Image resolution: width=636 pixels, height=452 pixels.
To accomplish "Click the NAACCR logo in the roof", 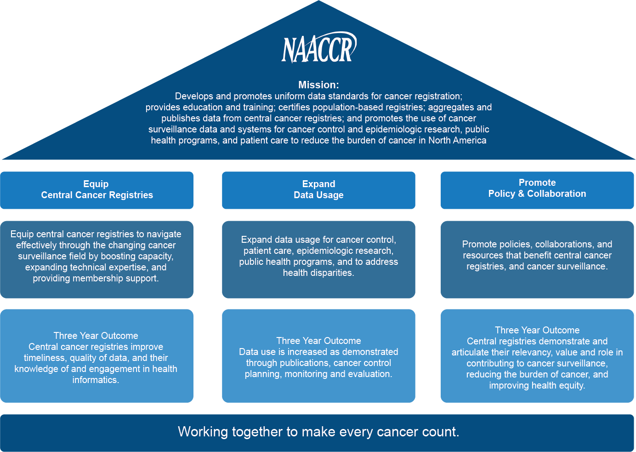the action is click(x=319, y=47).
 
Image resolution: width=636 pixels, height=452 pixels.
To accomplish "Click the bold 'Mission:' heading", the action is click(x=318, y=85).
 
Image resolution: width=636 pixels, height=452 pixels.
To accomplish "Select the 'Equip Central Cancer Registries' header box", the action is click(x=97, y=190).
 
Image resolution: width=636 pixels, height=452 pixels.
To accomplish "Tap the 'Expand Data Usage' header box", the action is click(x=318, y=190).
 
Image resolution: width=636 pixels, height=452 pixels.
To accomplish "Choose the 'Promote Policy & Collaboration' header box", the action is click(x=537, y=190).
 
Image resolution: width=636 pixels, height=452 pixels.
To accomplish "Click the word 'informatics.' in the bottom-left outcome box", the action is click(x=96, y=380).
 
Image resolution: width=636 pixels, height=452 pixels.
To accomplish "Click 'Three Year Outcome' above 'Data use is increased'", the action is click(x=318, y=341).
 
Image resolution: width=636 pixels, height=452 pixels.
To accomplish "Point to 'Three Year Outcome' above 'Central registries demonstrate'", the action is click(x=537, y=330).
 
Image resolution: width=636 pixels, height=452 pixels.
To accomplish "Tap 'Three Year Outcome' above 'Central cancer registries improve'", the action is click(x=96, y=336).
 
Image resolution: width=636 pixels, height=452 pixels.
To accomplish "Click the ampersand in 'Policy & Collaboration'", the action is click(x=521, y=194).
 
